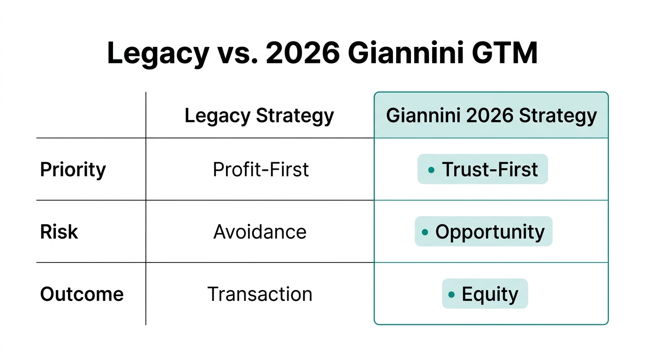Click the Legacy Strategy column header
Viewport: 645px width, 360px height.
point(259,115)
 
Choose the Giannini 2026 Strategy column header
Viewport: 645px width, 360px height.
point(491,115)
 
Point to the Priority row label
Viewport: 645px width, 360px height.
point(73,170)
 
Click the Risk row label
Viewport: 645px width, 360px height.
point(59,232)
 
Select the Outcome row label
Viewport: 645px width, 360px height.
point(82,294)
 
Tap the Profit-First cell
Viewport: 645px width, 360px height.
point(261,170)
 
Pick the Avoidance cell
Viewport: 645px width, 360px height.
point(260,232)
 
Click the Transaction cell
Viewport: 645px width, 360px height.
point(260,294)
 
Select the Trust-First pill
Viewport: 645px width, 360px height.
point(483,169)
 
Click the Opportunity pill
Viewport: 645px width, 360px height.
point(484,232)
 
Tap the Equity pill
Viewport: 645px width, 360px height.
point(485,294)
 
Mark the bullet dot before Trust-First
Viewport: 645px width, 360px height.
point(431,170)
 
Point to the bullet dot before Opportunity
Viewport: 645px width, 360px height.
point(425,232)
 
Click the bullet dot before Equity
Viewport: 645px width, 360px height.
point(451,294)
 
